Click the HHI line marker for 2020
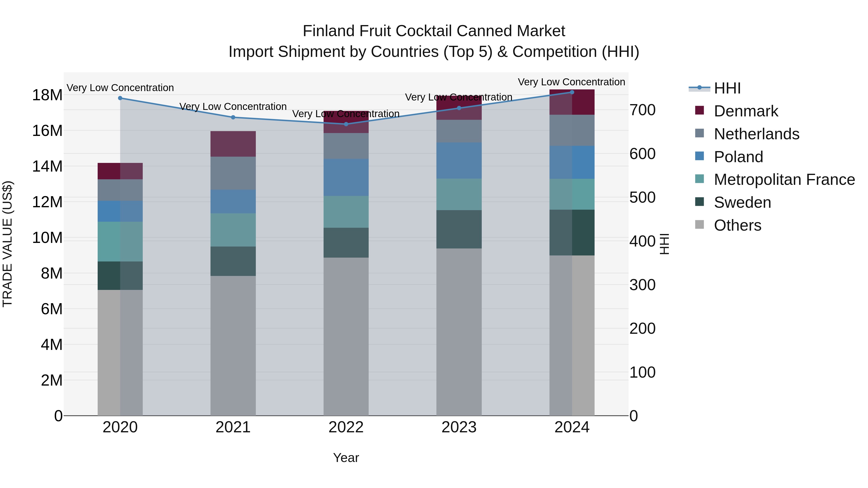pyautogui.click(x=120, y=98)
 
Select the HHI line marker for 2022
pyautogui.click(x=346, y=124)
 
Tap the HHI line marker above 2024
pyautogui.click(x=572, y=92)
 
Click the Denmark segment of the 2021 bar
pyautogui.click(x=233, y=144)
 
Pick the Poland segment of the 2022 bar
pyautogui.click(x=346, y=177)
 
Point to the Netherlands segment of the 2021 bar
pyautogui.click(x=233, y=173)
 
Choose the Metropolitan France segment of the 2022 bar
pyautogui.click(x=346, y=212)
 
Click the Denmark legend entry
pyautogui.click(x=746, y=111)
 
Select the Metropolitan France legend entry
pyautogui.click(x=784, y=180)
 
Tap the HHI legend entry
pyautogui.click(x=727, y=88)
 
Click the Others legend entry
pyautogui.click(x=737, y=225)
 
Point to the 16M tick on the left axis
pyautogui.click(x=47, y=131)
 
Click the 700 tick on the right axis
pyautogui.click(x=642, y=110)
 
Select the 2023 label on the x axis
pyautogui.click(x=459, y=427)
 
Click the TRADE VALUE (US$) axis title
pyautogui.click(x=7, y=244)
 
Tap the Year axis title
pyautogui.click(x=346, y=458)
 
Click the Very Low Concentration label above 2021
pyautogui.click(x=233, y=107)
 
